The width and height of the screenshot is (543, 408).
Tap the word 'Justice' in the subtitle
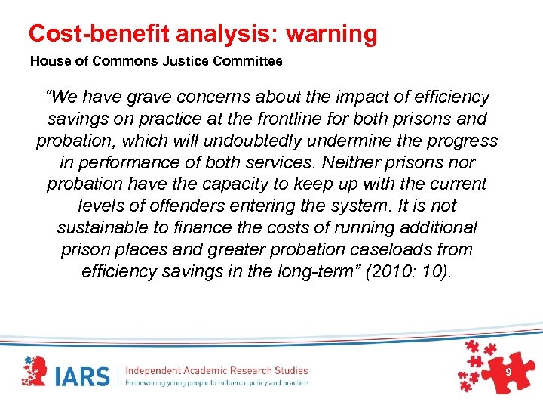click(183, 61)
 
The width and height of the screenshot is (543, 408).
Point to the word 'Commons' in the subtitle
click(128, 61)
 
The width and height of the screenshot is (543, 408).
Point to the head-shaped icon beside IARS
click(37, 372)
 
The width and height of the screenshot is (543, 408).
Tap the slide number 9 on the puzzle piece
click(508, 374)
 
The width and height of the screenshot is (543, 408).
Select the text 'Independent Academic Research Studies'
click(216, 370)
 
